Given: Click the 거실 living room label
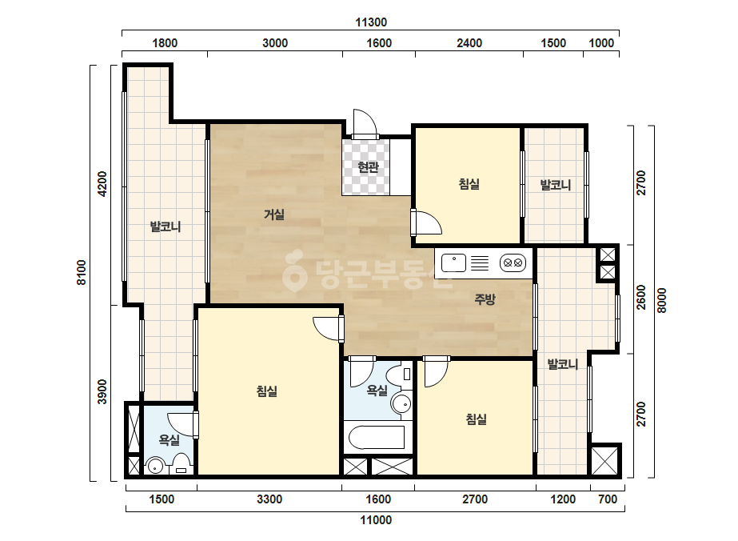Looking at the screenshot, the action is [274, 215].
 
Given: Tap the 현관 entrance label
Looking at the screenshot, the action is [368, 166].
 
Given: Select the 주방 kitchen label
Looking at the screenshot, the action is [485, 299].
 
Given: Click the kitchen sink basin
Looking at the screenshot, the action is [453, 262].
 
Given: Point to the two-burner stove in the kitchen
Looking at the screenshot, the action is [512, 262].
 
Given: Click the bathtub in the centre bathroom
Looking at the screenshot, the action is [376, 438].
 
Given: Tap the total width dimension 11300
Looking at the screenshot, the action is [371, 22].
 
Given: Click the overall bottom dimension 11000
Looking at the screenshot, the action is [376, 520].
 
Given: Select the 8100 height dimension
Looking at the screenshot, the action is [82, 272].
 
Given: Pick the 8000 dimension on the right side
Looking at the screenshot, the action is [662, 300].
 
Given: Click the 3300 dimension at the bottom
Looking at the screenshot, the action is [269, 499].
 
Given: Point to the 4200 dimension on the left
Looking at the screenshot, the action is [102, 184].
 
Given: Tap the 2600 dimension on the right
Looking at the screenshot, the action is [641, 298].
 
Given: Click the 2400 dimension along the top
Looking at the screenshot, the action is [469, 43].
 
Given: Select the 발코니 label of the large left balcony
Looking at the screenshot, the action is [166, 226].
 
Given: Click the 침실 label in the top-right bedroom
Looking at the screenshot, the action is [469, 184].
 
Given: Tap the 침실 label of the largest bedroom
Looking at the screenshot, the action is [266, 391].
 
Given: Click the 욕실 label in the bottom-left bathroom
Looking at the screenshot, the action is [169, 440].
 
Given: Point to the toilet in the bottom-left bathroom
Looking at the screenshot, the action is [182, 463].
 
